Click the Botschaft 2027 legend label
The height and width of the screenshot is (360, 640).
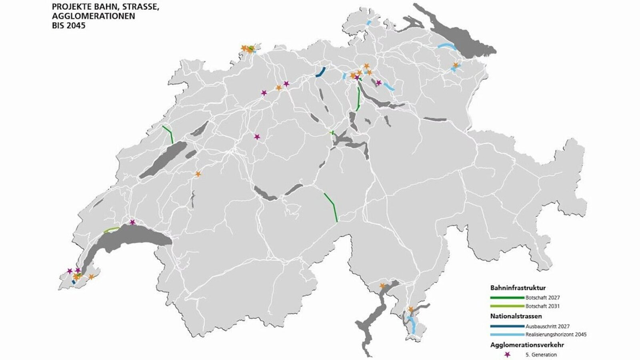point(542,298)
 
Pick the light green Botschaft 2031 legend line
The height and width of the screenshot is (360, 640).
point(507,306)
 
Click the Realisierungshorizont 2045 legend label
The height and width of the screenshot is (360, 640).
point(556,334)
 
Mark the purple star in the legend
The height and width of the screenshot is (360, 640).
point(507,354)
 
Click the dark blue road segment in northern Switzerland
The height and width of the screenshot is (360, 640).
point(320,72)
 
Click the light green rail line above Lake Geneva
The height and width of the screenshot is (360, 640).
point(111,230)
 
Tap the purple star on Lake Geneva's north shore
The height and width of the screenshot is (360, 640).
point(132,222)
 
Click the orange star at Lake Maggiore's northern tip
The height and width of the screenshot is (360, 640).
point(382,286)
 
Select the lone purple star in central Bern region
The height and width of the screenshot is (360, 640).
point(257,137)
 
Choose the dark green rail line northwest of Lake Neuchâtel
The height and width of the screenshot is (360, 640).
point(168,134)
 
